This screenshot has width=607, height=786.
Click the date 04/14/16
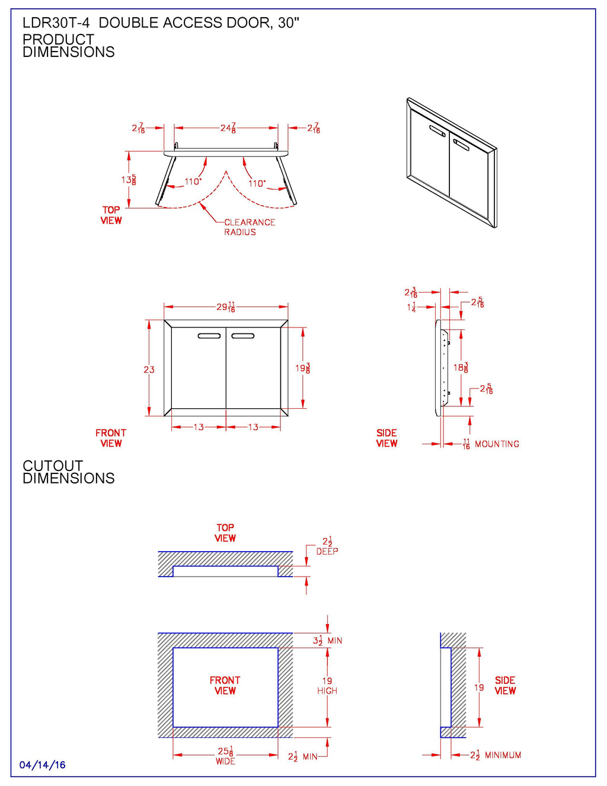(42, 765)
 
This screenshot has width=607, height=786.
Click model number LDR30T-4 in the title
(56, 23)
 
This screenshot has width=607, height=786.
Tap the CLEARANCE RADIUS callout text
(249, 227)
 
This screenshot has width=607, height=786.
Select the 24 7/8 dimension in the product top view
(228, 128)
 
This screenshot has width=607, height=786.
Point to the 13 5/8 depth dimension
(129, 179)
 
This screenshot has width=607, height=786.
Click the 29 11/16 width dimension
(225, 307)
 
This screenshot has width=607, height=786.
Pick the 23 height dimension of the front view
(149, 370)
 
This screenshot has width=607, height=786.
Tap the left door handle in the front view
(209, 336)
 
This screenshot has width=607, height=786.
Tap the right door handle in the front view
(242, 336)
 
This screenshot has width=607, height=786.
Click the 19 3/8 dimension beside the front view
(302, 368)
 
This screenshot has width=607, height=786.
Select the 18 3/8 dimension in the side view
(461, 368)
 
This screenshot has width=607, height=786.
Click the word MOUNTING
(497, 444)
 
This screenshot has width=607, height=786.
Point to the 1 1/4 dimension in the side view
(411, 307)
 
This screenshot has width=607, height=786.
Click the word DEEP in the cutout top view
(327, 552)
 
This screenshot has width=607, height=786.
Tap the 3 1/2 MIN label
(327, 641)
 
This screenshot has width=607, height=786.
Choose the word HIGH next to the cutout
(327, 691)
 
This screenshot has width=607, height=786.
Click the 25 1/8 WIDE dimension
(225, 755)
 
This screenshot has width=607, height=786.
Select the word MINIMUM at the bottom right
(503, 755)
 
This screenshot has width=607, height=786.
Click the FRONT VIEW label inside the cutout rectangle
(225, 685)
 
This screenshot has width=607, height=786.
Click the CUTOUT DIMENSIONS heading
(68, 472)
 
